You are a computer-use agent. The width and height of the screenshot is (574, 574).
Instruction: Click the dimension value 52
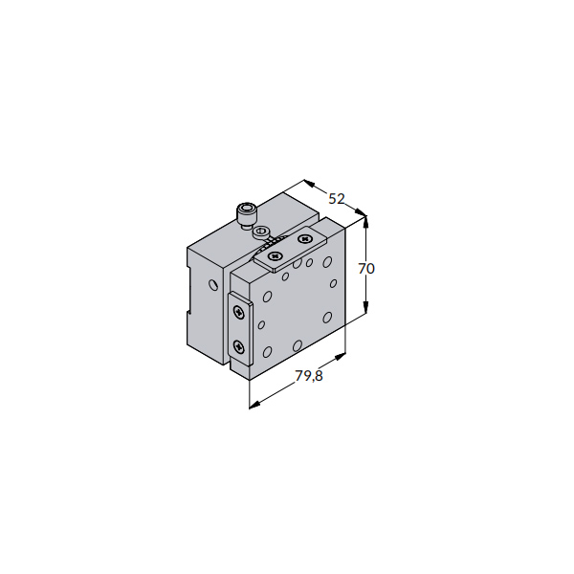pos(337,199)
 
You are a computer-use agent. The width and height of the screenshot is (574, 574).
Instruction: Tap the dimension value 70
pos(366,269)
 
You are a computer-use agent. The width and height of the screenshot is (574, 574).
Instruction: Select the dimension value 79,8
pos(309,376)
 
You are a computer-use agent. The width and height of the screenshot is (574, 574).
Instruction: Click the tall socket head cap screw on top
pos(247,216)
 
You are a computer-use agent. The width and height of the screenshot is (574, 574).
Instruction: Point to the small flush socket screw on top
pos(262,232)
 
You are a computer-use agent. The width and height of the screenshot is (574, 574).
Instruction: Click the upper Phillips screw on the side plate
pos(239,312)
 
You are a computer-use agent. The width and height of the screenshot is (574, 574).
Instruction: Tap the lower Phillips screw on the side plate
pos(238,346)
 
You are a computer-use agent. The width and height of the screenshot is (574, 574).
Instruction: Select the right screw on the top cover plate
pos(304,239)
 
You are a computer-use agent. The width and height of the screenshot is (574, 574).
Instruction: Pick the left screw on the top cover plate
pos(275,255)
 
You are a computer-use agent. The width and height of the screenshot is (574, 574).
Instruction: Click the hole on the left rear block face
pos(213,285)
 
